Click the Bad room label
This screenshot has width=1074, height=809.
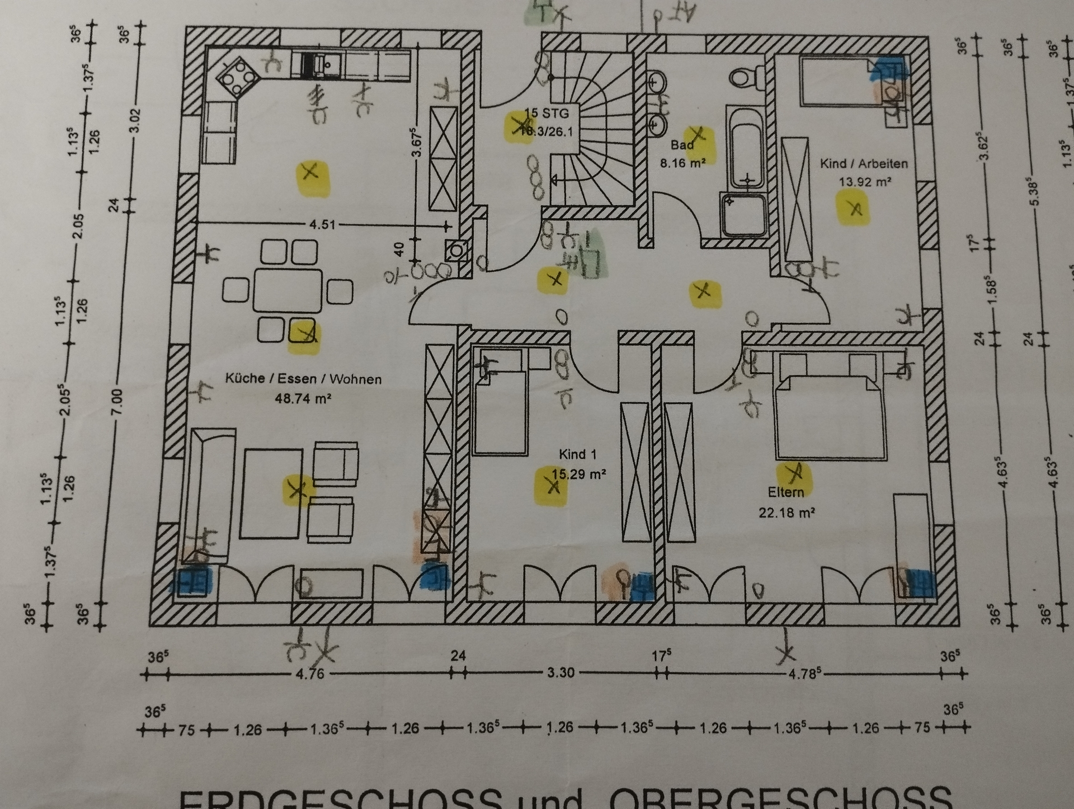(x=682, y=145)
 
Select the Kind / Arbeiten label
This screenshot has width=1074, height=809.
(x=864, y=163)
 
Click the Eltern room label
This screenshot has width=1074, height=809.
(x=786, y=492)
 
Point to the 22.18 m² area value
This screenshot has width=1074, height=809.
(x=786, y=512)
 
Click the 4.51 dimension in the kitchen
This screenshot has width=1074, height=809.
(x=322, y=225)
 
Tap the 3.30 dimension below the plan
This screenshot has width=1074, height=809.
(x=560, y=672)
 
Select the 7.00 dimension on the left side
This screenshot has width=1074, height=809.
(x=117, y=402)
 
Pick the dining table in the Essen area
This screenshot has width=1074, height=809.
(x=288, y=290)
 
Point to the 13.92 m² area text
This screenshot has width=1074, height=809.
(x=864, y=182)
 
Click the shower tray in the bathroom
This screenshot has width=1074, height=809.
(x=743, y=214)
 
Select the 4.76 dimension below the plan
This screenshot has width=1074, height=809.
(x=309, y=673)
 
